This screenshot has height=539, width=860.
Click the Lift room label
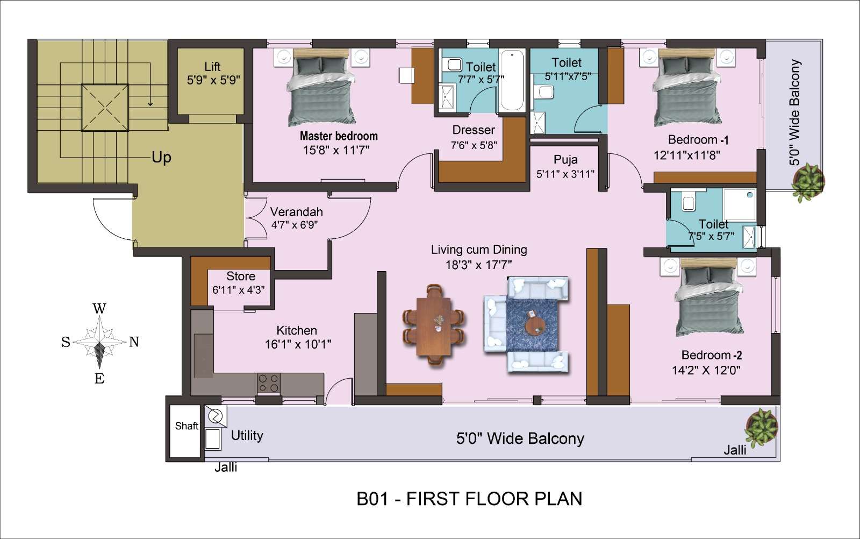[x=212, y=67]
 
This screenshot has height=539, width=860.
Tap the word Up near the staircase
[x=161, y=158]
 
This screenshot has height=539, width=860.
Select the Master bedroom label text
[x=339, y=136]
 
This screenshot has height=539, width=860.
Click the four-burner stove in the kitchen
[x=268, y=383]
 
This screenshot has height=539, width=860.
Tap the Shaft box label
[x=187, y=425]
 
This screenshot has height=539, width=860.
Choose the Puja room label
[x=565, y=160]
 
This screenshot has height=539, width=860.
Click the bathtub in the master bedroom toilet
[x=512, y=81]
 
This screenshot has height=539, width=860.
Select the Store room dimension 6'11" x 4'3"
[x=239, y=289]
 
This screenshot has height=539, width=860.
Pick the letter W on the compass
[x=99, y=308]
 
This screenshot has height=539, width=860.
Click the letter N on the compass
[x=134, y=342]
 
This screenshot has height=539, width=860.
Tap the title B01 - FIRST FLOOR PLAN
[x=469, y=499]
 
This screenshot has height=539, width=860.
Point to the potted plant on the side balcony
[x=808, y=182]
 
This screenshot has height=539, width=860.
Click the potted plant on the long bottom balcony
[x=761, y=427]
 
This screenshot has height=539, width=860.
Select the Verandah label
[x=296, y=212]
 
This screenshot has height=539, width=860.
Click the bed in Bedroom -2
[x=708, y=296]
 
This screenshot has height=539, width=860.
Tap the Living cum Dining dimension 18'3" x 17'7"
[x=478, y=265]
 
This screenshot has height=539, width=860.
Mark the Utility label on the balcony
[x=247, y=435]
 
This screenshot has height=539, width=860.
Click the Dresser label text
[x=474, y=130]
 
